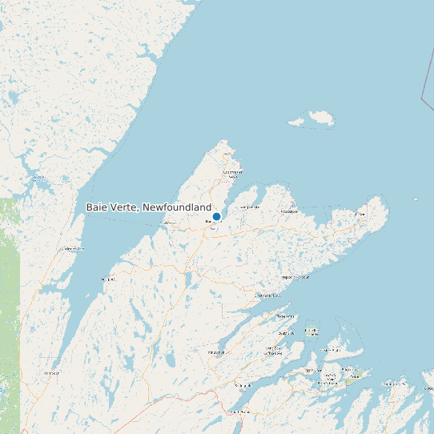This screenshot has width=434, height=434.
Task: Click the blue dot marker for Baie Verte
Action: pos(216,216)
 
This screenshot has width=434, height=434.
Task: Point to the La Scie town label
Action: pos(360,214)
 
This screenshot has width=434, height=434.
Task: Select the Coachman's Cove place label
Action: pos(232,172)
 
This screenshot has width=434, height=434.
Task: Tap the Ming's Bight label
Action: pos(250,207)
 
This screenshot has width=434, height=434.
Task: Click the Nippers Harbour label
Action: pos(295,278)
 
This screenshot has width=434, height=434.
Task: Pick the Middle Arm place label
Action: pos(267,295)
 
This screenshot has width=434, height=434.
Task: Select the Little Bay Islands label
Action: pos(312,330)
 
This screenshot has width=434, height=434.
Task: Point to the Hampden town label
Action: pos(51,372)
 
